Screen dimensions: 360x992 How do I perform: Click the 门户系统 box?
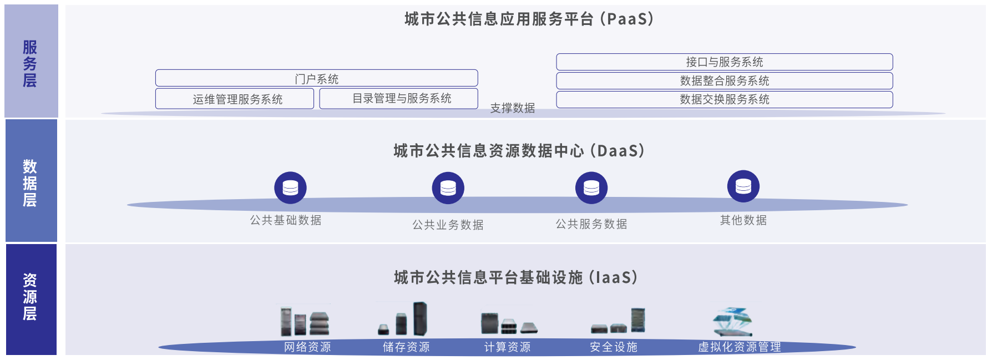tap(316, 78)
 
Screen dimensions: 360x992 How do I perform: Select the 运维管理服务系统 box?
tap(235, 99)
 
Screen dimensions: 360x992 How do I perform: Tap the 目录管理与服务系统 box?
tap(398, 98)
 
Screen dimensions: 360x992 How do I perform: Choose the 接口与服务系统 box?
tap(724, 62)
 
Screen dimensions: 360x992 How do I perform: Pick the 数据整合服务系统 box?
tap(724, 80)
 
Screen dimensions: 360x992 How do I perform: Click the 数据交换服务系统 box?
tap(724, 99)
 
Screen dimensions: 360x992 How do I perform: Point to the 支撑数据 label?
tap(512, 108)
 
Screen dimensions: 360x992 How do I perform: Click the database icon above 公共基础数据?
tap(290, 188)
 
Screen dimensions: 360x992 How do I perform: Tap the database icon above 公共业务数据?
tap(448, 188)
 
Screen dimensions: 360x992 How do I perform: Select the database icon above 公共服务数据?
tap(591, 188)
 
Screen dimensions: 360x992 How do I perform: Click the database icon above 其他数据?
tap(743, 186)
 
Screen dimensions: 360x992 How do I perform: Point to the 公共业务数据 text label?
tap(448, 225)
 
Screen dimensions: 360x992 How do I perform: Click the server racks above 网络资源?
tap(305, 321)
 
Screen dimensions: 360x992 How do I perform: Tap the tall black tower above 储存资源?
tap(420, 318)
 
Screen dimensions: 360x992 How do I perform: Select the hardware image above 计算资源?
tap(508, 323)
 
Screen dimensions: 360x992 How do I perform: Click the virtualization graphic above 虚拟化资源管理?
tap(732, 321)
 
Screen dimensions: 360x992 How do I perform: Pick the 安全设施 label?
tap(613, 347)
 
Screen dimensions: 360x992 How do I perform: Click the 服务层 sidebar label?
tap(30, 63)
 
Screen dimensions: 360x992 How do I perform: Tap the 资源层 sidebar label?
tap(30, 297)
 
